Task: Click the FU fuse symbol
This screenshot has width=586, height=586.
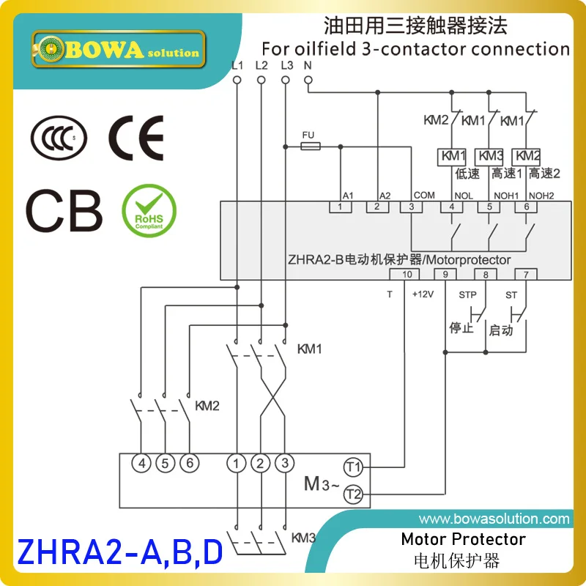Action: [310, 146]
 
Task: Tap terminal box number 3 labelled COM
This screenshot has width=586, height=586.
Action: [412, 207]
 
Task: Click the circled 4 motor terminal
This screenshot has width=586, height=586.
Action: [143, 463]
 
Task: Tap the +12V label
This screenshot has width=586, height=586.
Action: [423, 294]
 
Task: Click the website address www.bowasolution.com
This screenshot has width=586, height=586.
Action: [494, 519]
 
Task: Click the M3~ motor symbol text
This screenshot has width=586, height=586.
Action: [320, 483]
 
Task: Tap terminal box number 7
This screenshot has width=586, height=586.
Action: [525, 274]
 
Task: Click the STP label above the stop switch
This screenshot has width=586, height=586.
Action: [467, 294]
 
